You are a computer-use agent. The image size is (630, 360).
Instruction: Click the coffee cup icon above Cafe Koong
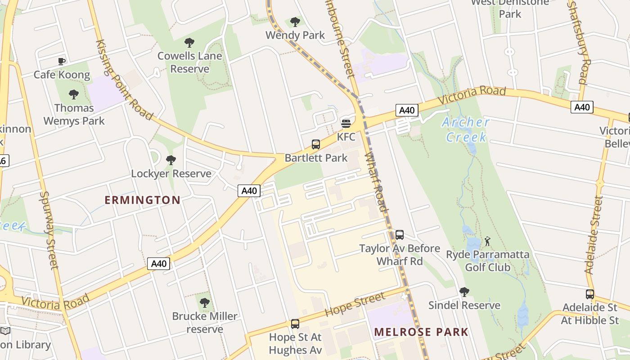62,61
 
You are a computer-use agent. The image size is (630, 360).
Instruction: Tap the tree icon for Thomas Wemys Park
74,94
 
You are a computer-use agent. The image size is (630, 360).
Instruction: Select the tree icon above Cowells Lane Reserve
189,43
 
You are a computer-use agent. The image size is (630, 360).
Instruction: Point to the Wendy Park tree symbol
295,22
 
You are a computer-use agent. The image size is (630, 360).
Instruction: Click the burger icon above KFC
346,123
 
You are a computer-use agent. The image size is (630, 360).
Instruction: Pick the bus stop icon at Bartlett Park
316,144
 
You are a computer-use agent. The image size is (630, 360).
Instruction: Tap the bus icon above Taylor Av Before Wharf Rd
400,235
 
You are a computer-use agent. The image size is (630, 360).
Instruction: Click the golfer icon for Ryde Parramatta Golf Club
487,242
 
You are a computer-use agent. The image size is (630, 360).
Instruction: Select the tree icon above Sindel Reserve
464,292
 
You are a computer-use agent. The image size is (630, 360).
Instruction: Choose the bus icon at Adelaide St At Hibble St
590,294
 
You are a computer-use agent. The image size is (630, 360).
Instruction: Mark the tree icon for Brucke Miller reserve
205,303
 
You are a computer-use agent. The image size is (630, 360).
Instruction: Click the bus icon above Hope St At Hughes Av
295,324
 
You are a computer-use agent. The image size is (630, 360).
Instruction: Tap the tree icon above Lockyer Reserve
171,160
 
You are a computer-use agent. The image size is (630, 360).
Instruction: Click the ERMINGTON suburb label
143,200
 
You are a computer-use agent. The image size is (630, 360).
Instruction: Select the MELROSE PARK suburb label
421,333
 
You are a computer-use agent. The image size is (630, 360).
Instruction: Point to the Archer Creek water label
466,129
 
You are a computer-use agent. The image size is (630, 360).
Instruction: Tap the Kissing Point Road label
124,79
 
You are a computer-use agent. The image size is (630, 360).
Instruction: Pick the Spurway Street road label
49,230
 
